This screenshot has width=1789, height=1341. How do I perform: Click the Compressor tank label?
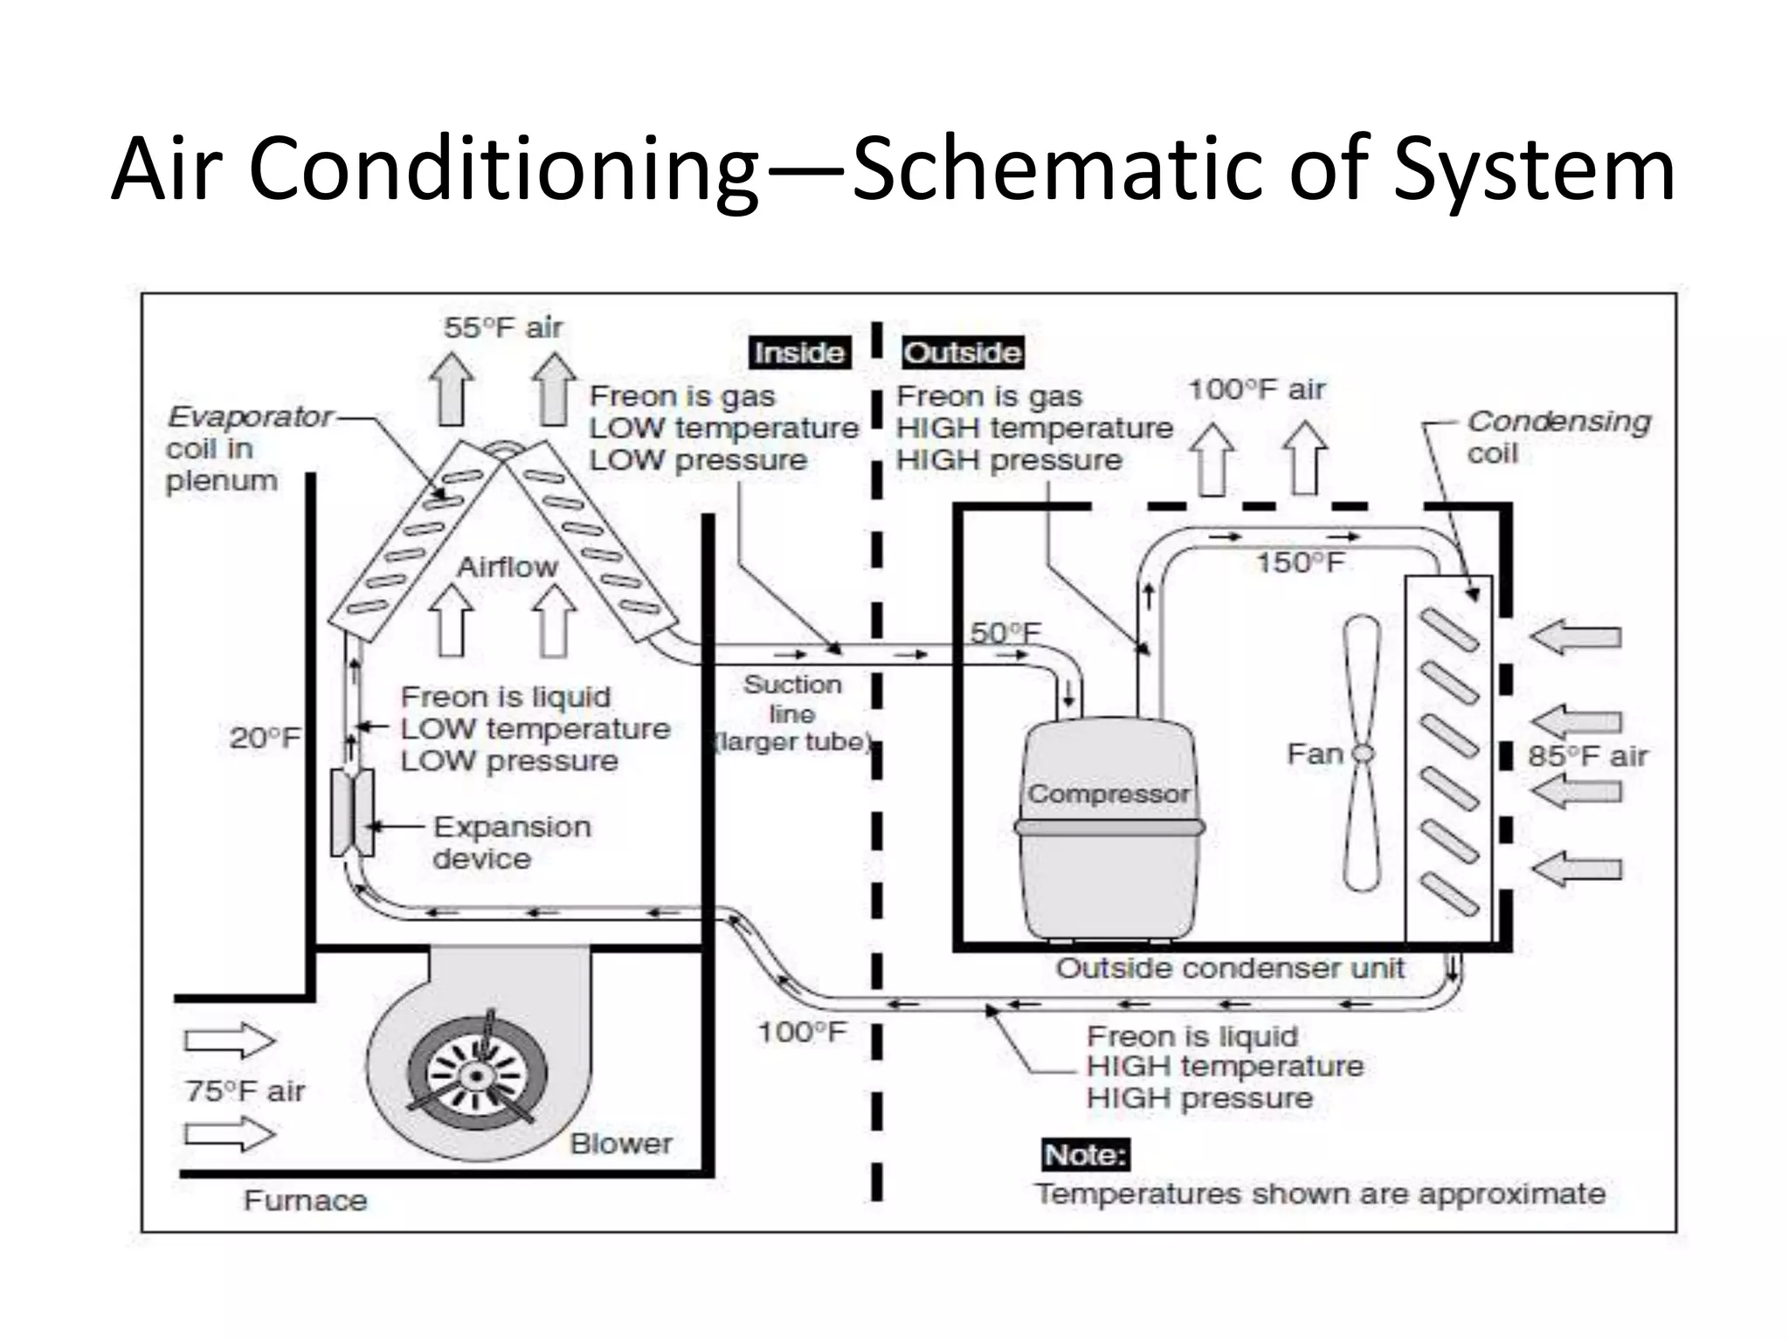(x=1108, y=794)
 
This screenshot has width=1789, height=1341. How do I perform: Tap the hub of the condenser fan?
(x=1362, y=753)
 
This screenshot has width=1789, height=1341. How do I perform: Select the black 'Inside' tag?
(x=799, y=353)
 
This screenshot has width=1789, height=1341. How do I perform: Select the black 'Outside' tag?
(x=962, y=353)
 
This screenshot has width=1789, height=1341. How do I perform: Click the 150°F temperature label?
(x=1299, y=562)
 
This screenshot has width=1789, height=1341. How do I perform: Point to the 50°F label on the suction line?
(x=1005, y=632)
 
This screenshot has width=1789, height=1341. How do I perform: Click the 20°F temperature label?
(x=264, y=738)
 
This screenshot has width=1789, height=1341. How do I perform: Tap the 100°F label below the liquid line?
(x=801, y=1032)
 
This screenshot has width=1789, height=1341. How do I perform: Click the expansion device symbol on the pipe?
(x=352, y=812)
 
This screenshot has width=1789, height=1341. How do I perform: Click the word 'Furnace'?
(x=305, y=1200)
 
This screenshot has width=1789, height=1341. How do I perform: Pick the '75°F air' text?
(x=245, y=1090)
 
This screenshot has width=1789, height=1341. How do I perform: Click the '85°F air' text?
(x=1587, y=756)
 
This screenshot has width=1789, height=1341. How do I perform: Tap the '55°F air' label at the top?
(x=502, y=327)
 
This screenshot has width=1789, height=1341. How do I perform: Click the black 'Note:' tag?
(x=1085, y=1155)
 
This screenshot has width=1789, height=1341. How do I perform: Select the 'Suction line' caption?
(x=792, y=698)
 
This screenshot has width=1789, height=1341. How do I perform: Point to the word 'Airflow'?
(x=507, y=567)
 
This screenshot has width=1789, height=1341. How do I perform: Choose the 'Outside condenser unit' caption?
(x=1230, y=967)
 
